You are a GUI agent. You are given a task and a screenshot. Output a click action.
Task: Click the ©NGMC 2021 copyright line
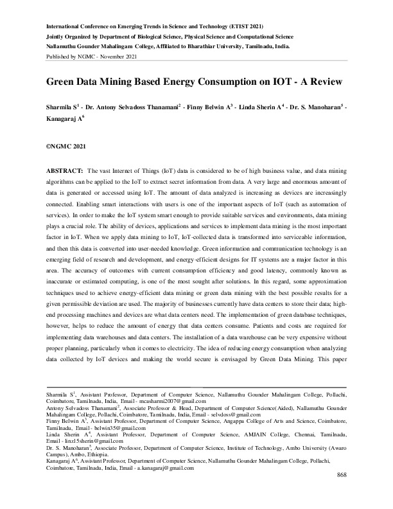[x=65, y=147]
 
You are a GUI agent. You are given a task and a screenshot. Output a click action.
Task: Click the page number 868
[x=342, y=492]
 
